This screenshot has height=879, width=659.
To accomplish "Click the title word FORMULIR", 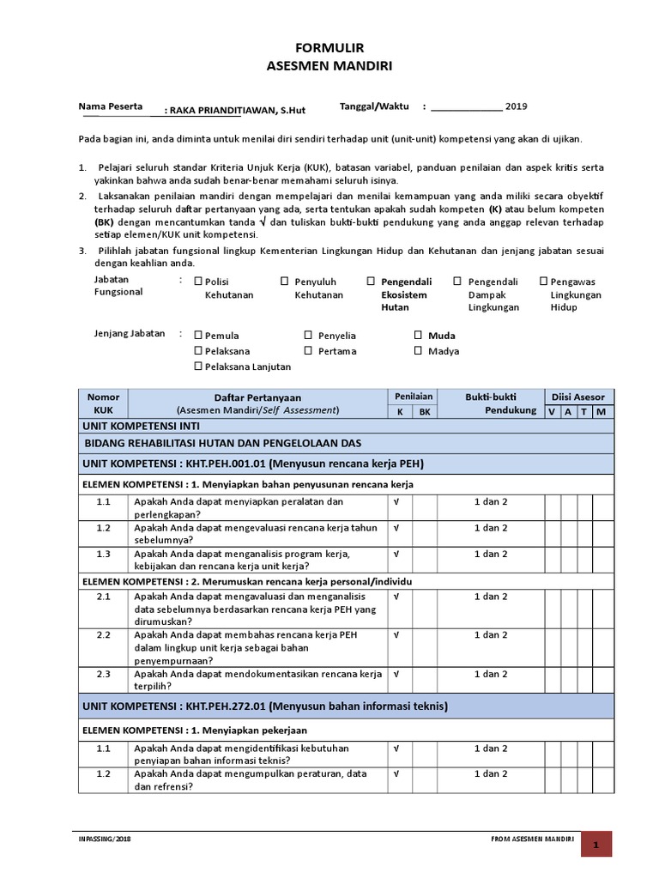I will (x=329, y=50).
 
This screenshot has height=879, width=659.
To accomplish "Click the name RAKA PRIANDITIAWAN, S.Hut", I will (x=237, y=110).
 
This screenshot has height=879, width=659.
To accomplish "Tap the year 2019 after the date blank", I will (x=516, y=107).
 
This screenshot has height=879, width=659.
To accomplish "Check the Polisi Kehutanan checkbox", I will (x=198, y=282).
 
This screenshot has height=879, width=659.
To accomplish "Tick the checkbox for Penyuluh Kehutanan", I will (x=285, y=282).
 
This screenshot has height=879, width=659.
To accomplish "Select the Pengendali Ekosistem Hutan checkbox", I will (x=371, y=282).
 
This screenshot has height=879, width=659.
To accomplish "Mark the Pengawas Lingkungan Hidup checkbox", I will (x=543, y=282).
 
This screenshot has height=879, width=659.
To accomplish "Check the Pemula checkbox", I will (x=198, y=336).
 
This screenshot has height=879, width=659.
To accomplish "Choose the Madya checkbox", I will (x=418, y=351).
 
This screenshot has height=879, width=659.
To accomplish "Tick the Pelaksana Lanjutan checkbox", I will (x=198, y=367).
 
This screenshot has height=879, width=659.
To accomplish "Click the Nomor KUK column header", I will (x=103, y=403).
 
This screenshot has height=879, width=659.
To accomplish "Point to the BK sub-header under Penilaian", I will (x=424, y=412).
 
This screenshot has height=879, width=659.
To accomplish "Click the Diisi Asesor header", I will (x=579, y=397).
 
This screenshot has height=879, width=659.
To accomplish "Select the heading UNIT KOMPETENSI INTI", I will (x=138, y=426).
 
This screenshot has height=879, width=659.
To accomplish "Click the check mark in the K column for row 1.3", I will (x=397, y=555).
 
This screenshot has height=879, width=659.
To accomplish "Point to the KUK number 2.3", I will (x=104, y=675).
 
